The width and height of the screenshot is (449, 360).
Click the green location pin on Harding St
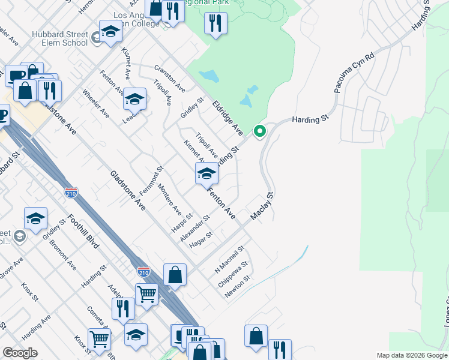[x=259, y=130]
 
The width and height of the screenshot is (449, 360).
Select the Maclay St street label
[x=262, y=206]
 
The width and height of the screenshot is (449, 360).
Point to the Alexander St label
[x=194, y=229]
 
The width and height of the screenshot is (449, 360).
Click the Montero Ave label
[x=169, y=200]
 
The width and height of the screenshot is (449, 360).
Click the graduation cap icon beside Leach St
[x=135, y=99]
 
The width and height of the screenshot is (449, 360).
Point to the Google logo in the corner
[x=20, y=353]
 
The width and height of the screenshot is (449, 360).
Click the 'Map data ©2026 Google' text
[x=412, y=355]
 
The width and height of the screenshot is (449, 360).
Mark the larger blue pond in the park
[x=209, y=76]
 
